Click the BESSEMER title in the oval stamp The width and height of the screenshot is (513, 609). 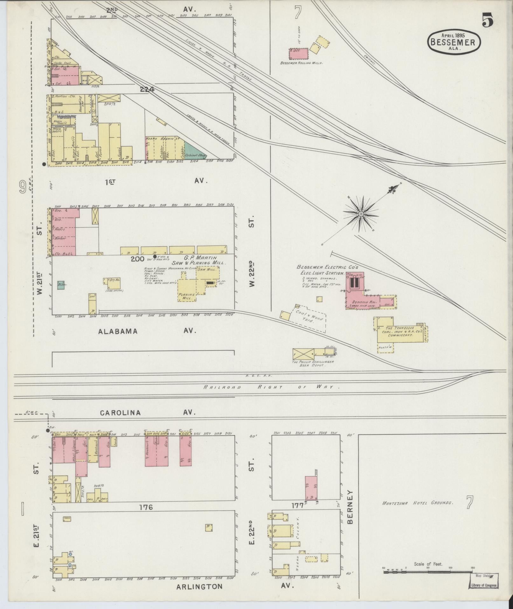pyautogui.click(x=454, y=42)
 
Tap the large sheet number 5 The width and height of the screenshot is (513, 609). pyautogui.click(x=487, y=21)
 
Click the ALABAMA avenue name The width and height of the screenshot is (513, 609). pyautogui.click(x=118, y=331)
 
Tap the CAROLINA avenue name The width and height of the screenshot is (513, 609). pyautogui.click(x=120, y=413)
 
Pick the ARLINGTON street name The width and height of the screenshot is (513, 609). pyautogui.click(x=199, y=586)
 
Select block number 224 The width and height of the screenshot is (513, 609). pyautogui.click(x=147, y=90)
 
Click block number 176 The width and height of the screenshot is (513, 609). pyautogui.click(x=146, y=507)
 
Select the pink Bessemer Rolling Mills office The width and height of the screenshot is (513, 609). pyautogui.click(x=299, y=53)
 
